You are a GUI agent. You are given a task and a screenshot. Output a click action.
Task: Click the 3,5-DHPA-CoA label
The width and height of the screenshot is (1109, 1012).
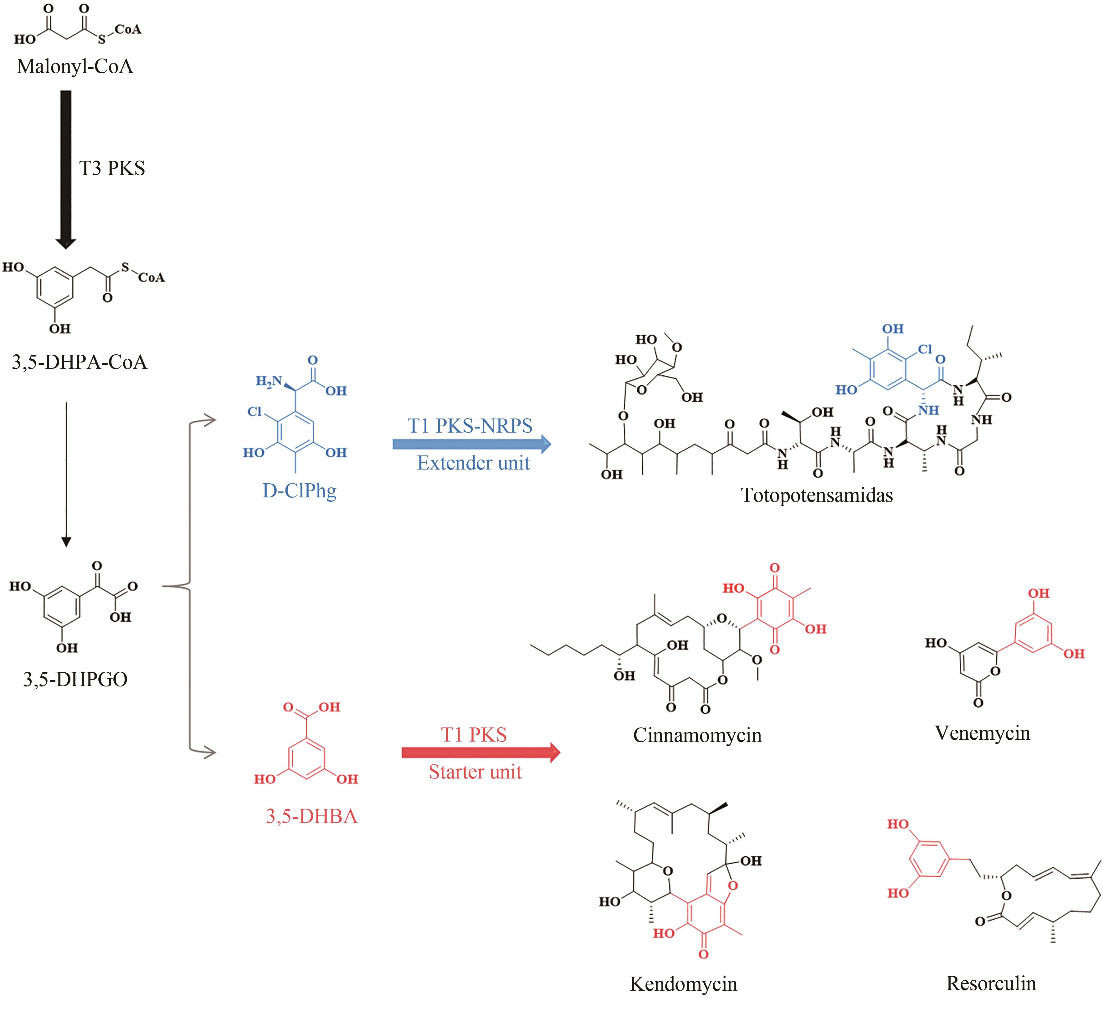pyautogui.click(x=80, y=362)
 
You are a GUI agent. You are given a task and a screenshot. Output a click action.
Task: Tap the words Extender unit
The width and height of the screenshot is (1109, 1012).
pyautogui.click(x=473, y=463)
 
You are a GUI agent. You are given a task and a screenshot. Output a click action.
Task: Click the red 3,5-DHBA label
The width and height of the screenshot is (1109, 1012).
pyautogui.click(x=311, y=816)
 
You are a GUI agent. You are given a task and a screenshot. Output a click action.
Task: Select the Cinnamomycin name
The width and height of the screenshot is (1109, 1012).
pyautogui.click(x=697, y=735)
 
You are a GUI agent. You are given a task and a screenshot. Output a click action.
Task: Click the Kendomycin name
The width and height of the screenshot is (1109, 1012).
pyautogui.click(x=683, y=984)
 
